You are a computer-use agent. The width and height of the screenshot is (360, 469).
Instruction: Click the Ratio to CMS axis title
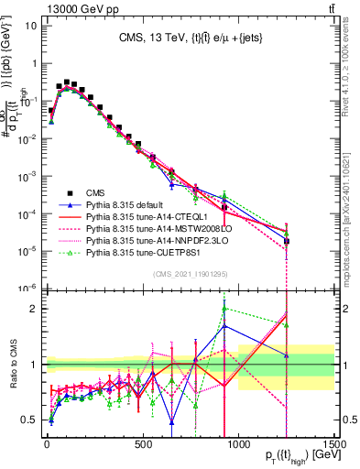pyautogui.click(x=11, y=365)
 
